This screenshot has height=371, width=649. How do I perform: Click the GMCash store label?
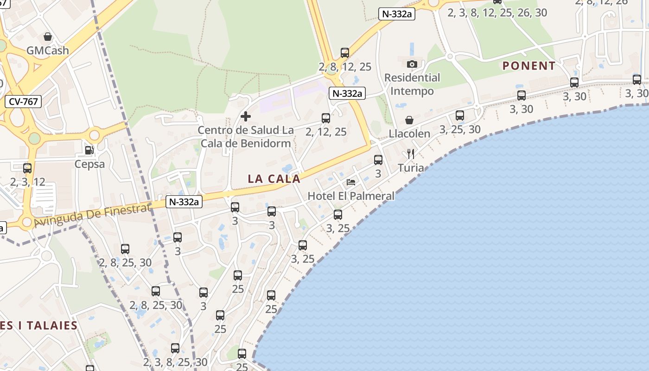pyautogui.click(x=48, y=50)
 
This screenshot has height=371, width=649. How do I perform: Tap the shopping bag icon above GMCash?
pyautogui.click(x=48, y=36)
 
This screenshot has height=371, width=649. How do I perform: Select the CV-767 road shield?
pyautogui.click(x=23, y=102)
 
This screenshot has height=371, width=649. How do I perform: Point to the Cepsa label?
pyautogui.click(x=89, y=164)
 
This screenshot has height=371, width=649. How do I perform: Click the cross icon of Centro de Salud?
pyautogui.click(x=246, y=116)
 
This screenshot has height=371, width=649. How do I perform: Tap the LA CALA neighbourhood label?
pyautogui.click(x=274, y=179)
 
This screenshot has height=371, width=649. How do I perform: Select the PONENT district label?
pyautogui.click(x=529, y=66)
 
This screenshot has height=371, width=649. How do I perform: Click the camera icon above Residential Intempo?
pyautogui.click(x=412, y=64)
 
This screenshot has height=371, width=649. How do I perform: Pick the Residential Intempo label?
pyautogui.click(x=412, y=84)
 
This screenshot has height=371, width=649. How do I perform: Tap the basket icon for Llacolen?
pyautogui.click(x=409, y=121)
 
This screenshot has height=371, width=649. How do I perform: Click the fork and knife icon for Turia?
pyautogui.click(x=410, y=154)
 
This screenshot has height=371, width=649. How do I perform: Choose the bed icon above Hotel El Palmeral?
pyautogui.click(x=351, y=182)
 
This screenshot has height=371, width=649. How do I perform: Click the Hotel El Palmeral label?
pyautogui.click(x=351, y=196)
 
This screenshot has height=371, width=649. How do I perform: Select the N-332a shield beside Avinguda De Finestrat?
pyautogui.click(x=184, y=202)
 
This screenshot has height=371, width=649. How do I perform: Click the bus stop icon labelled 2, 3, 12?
pyautogui.click(x=27, y=168)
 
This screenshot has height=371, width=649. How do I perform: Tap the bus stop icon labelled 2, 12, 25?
pyautogui.click(x=326, y=118)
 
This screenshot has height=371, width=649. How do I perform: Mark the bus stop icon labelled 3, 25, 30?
pyautogui.click(x=459, y=115)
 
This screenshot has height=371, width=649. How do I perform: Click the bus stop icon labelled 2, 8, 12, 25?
pyautogui.click(x=344, y=53)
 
